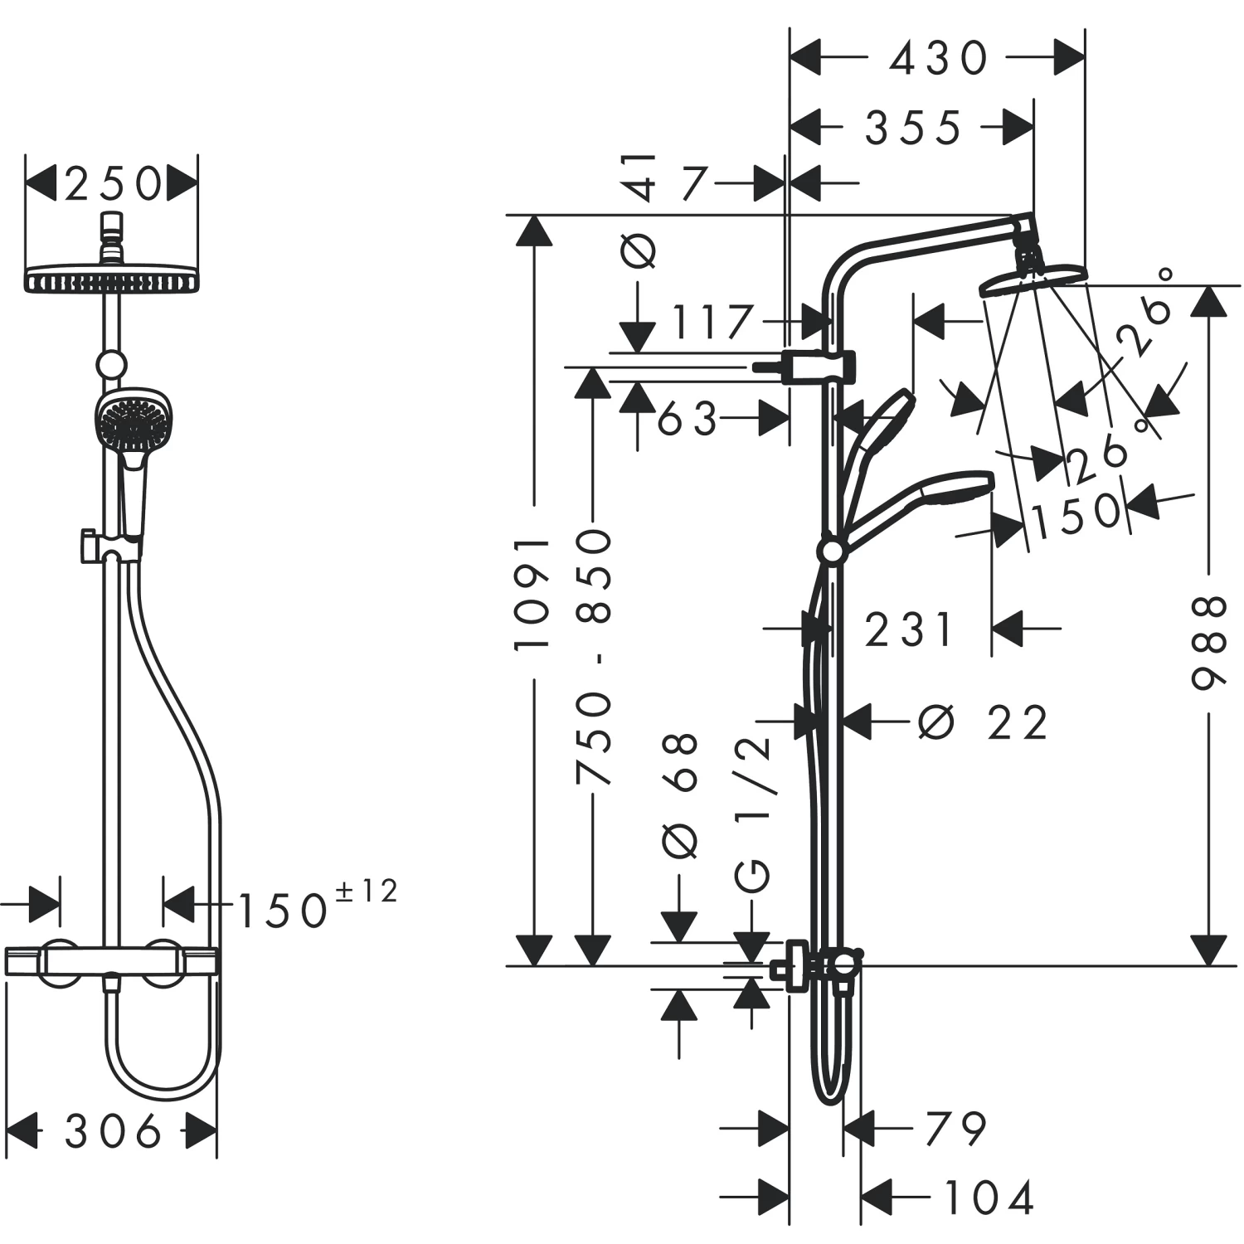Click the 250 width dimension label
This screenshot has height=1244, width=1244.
coord(113,184)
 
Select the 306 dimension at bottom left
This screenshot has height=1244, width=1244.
coord(113,1131)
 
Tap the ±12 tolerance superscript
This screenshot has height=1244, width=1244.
coord(366,892)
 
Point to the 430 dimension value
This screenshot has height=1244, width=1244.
coord(938,59)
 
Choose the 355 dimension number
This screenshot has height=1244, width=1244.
coord(912,129)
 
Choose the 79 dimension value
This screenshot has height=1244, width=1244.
coord(955,1129)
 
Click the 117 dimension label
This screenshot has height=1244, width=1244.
coord(712,323)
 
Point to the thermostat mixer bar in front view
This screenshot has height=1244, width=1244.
coord(111,962)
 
